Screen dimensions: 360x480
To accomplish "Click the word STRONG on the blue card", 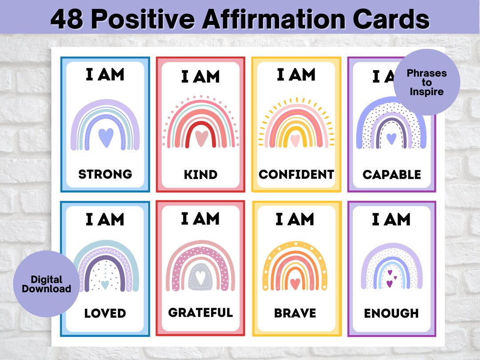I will [105, 174].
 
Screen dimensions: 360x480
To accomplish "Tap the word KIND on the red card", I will [200, 175].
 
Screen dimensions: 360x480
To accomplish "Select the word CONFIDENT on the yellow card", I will [296, 174].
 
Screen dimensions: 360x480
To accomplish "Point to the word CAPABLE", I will [392, 175].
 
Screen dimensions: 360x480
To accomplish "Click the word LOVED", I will [105, 313].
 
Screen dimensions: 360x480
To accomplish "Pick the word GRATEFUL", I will [200, 312].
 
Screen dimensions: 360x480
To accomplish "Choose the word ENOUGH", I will [391, 313].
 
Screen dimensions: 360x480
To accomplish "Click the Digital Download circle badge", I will [46, 284].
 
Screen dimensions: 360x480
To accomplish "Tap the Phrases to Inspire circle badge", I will [427, 83].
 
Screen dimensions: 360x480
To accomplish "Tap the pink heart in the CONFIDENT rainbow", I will [296, 140].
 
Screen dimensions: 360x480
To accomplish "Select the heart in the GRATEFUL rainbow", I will [200, 277].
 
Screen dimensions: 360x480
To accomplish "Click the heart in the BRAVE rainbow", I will [295, 283].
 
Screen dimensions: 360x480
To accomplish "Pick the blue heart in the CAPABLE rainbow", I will [391, 138].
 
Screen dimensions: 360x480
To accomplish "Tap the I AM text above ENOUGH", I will [391, 220].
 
